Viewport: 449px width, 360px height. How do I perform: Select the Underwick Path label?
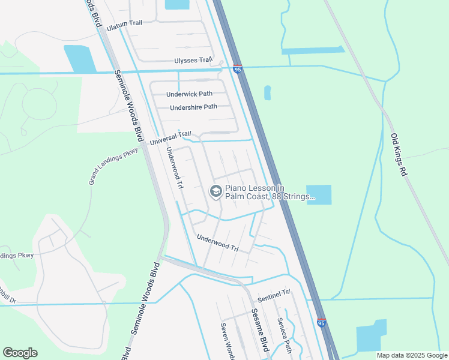pos(189,94)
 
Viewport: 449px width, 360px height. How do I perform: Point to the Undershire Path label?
pos(193,107)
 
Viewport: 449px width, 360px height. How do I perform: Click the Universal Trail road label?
pos(170,139)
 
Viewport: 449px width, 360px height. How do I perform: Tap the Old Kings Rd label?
pos(399,154)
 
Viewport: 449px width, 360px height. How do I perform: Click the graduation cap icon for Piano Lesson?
pos(215,191)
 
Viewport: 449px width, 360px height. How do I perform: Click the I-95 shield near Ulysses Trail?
pos(238,70)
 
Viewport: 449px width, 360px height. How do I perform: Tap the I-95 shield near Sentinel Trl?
pos(321,323)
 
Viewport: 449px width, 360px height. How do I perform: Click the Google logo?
pos(20,353)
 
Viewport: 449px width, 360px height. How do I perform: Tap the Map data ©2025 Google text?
pos(411,355)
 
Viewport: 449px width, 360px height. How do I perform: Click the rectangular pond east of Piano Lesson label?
pos(319,194)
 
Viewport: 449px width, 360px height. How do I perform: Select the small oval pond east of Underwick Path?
pos(267,92)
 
